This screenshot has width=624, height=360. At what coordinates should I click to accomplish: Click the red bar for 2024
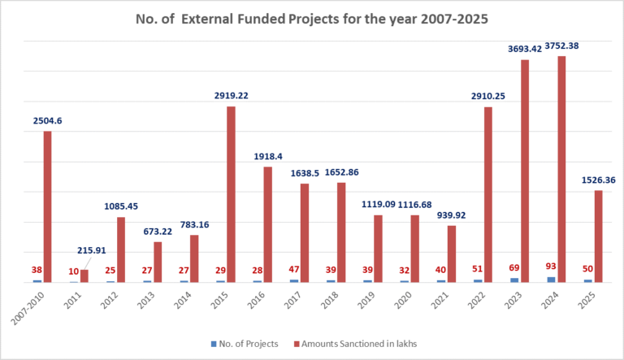(561, 169)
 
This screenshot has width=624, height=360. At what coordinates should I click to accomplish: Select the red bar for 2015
(231, 194)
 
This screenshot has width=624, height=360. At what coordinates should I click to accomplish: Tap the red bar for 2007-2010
(47, 206)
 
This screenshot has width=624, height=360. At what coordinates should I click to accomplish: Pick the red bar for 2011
(84, 275)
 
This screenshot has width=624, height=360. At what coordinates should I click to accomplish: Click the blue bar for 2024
(552, 280)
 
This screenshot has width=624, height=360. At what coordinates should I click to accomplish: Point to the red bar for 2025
(598, 236)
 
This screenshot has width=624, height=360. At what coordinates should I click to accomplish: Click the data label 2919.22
(231, 96)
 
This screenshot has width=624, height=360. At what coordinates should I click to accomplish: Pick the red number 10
(74, 271)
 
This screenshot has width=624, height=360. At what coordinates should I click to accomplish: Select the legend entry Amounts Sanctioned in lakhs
(358, 344)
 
